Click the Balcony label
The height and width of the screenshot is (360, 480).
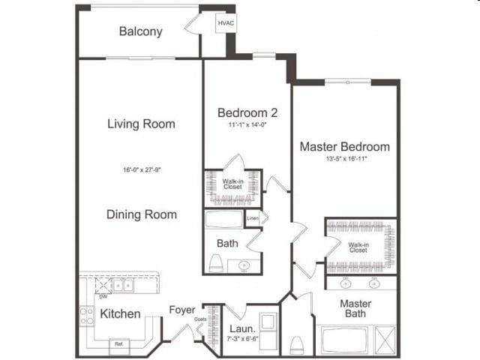[x=140, y=31]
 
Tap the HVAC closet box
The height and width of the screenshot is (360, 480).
[x=226, y=24]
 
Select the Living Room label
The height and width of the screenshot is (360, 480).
[x=141, y=124]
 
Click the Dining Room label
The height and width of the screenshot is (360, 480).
[x=141, y=214]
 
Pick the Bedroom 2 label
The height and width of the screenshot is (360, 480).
[x=247, y=112]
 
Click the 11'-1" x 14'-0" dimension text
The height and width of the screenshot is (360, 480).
[x=247, y=125]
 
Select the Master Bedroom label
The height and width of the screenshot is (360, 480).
[x=344, y=146]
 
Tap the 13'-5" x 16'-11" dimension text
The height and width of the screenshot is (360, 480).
[x=344, y=159]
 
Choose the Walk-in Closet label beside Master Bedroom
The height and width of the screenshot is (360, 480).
[x=358, y=247]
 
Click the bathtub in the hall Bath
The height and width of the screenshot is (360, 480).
[x=223, y=220]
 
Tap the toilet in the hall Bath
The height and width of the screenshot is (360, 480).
[x=215, y=263]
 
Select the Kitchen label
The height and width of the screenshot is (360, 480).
[x=120, y=313]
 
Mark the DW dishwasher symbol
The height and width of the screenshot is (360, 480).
[x=101, y=295]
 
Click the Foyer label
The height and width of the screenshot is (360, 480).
[x=182, y=309]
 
